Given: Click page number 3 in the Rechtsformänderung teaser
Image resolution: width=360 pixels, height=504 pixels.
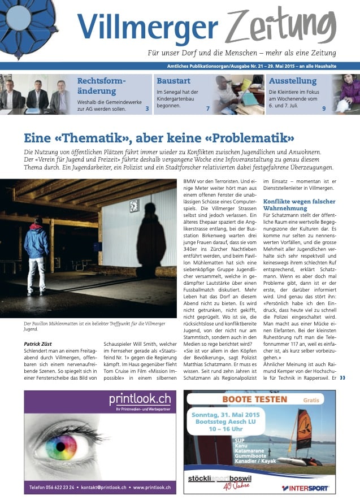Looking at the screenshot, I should click(x=147, y=108).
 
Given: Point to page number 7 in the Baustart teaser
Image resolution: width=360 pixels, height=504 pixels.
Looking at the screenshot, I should click(x=208, y=108).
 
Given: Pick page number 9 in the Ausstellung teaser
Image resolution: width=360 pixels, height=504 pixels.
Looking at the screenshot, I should click(x=324, y=108).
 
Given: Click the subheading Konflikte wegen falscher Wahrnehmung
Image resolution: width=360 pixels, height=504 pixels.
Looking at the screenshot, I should click(x=299, y=205).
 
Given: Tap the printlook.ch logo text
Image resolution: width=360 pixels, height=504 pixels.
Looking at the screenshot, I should click(x=141, y=401).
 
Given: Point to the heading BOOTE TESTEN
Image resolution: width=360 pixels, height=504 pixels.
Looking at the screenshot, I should click(x=254, y=399).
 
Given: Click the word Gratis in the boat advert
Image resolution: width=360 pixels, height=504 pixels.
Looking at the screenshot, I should click(x=311, y=399).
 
